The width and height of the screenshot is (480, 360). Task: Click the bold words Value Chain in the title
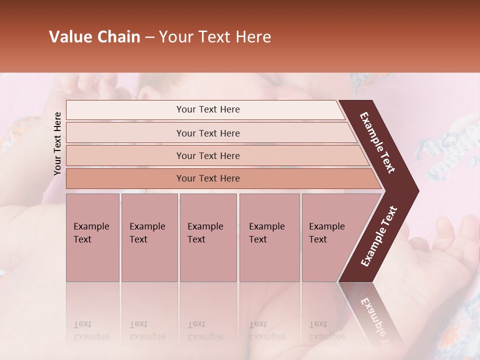[x=94, y=37]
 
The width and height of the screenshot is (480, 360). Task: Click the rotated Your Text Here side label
[x=57, y=143]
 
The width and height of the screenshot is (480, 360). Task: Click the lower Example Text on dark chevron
[x=379, y=236]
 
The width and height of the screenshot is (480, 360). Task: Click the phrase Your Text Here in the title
[x=215, y=37]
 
